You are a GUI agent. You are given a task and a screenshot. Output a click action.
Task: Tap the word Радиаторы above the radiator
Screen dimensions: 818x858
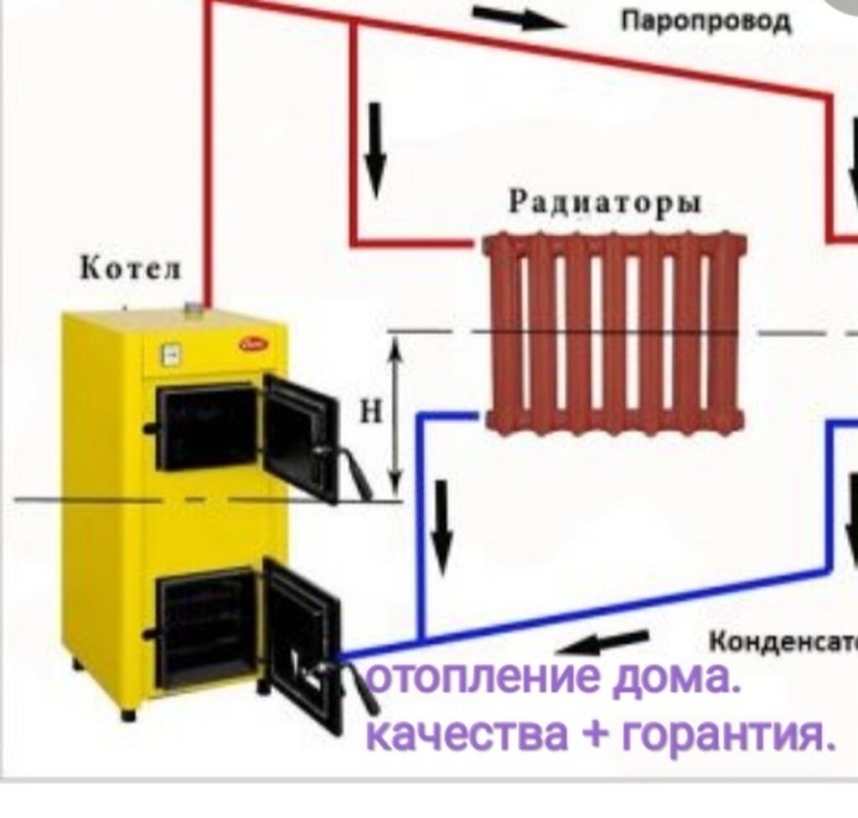(x=606, y=203)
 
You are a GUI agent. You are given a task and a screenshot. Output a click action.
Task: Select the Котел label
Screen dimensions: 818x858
(x=130, y=270)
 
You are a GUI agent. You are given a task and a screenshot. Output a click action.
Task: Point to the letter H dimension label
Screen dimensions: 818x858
(x=372, y=411)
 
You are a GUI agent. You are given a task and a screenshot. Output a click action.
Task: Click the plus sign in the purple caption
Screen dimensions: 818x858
(x=595, y=735)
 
